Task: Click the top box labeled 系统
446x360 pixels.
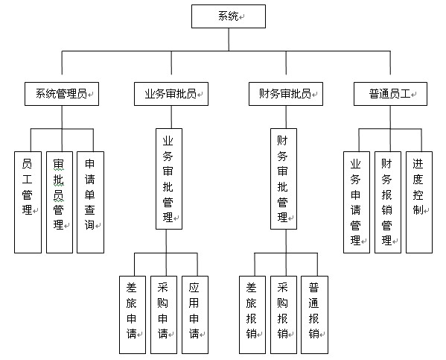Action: (229, 16)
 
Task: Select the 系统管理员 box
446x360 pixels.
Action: (62, 94)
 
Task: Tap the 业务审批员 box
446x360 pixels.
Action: (171, 94)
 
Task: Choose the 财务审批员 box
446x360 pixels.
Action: (286, 94)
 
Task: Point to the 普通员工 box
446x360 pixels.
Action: (390, 94)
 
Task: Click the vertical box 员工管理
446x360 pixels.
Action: (28, 202)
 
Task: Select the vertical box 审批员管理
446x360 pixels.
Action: (60, 202)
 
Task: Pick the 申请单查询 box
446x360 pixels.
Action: (90, 202)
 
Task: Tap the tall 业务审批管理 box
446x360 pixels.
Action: (169, 179)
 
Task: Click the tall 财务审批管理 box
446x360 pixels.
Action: (284, 179)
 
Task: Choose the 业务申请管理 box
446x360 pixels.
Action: (357, 202)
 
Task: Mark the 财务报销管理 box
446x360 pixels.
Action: (388, 202)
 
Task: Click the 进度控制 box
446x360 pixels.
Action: (419, 202)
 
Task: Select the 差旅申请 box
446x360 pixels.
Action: (133, 315)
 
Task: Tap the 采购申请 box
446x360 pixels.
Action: (164, 315)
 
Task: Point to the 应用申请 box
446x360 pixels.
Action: (195, 315)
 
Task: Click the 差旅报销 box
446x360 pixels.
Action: (252, 315)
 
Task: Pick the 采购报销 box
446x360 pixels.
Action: (284, 315)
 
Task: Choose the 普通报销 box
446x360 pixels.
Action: (315, 315)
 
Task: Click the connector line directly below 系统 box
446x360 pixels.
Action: (229, 40)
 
